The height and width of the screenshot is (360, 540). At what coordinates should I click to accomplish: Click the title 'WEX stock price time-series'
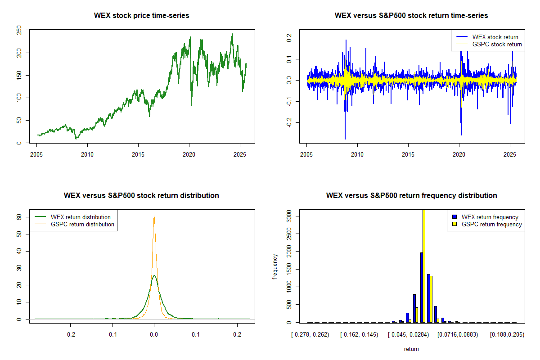[141, 15]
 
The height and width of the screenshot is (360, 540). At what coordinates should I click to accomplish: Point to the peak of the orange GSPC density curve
[154, 216]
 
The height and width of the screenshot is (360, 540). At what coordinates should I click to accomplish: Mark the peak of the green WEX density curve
[154, 275]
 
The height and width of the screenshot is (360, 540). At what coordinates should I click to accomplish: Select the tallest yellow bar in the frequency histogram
[424, 265]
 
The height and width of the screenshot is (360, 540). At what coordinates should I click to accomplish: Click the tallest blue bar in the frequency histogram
[421, 287]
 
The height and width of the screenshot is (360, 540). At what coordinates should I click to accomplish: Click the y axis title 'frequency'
[275, 267]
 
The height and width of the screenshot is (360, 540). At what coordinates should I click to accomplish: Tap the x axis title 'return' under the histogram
[411, 349]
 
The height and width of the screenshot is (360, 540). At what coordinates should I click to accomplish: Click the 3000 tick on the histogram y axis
[289, 216]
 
